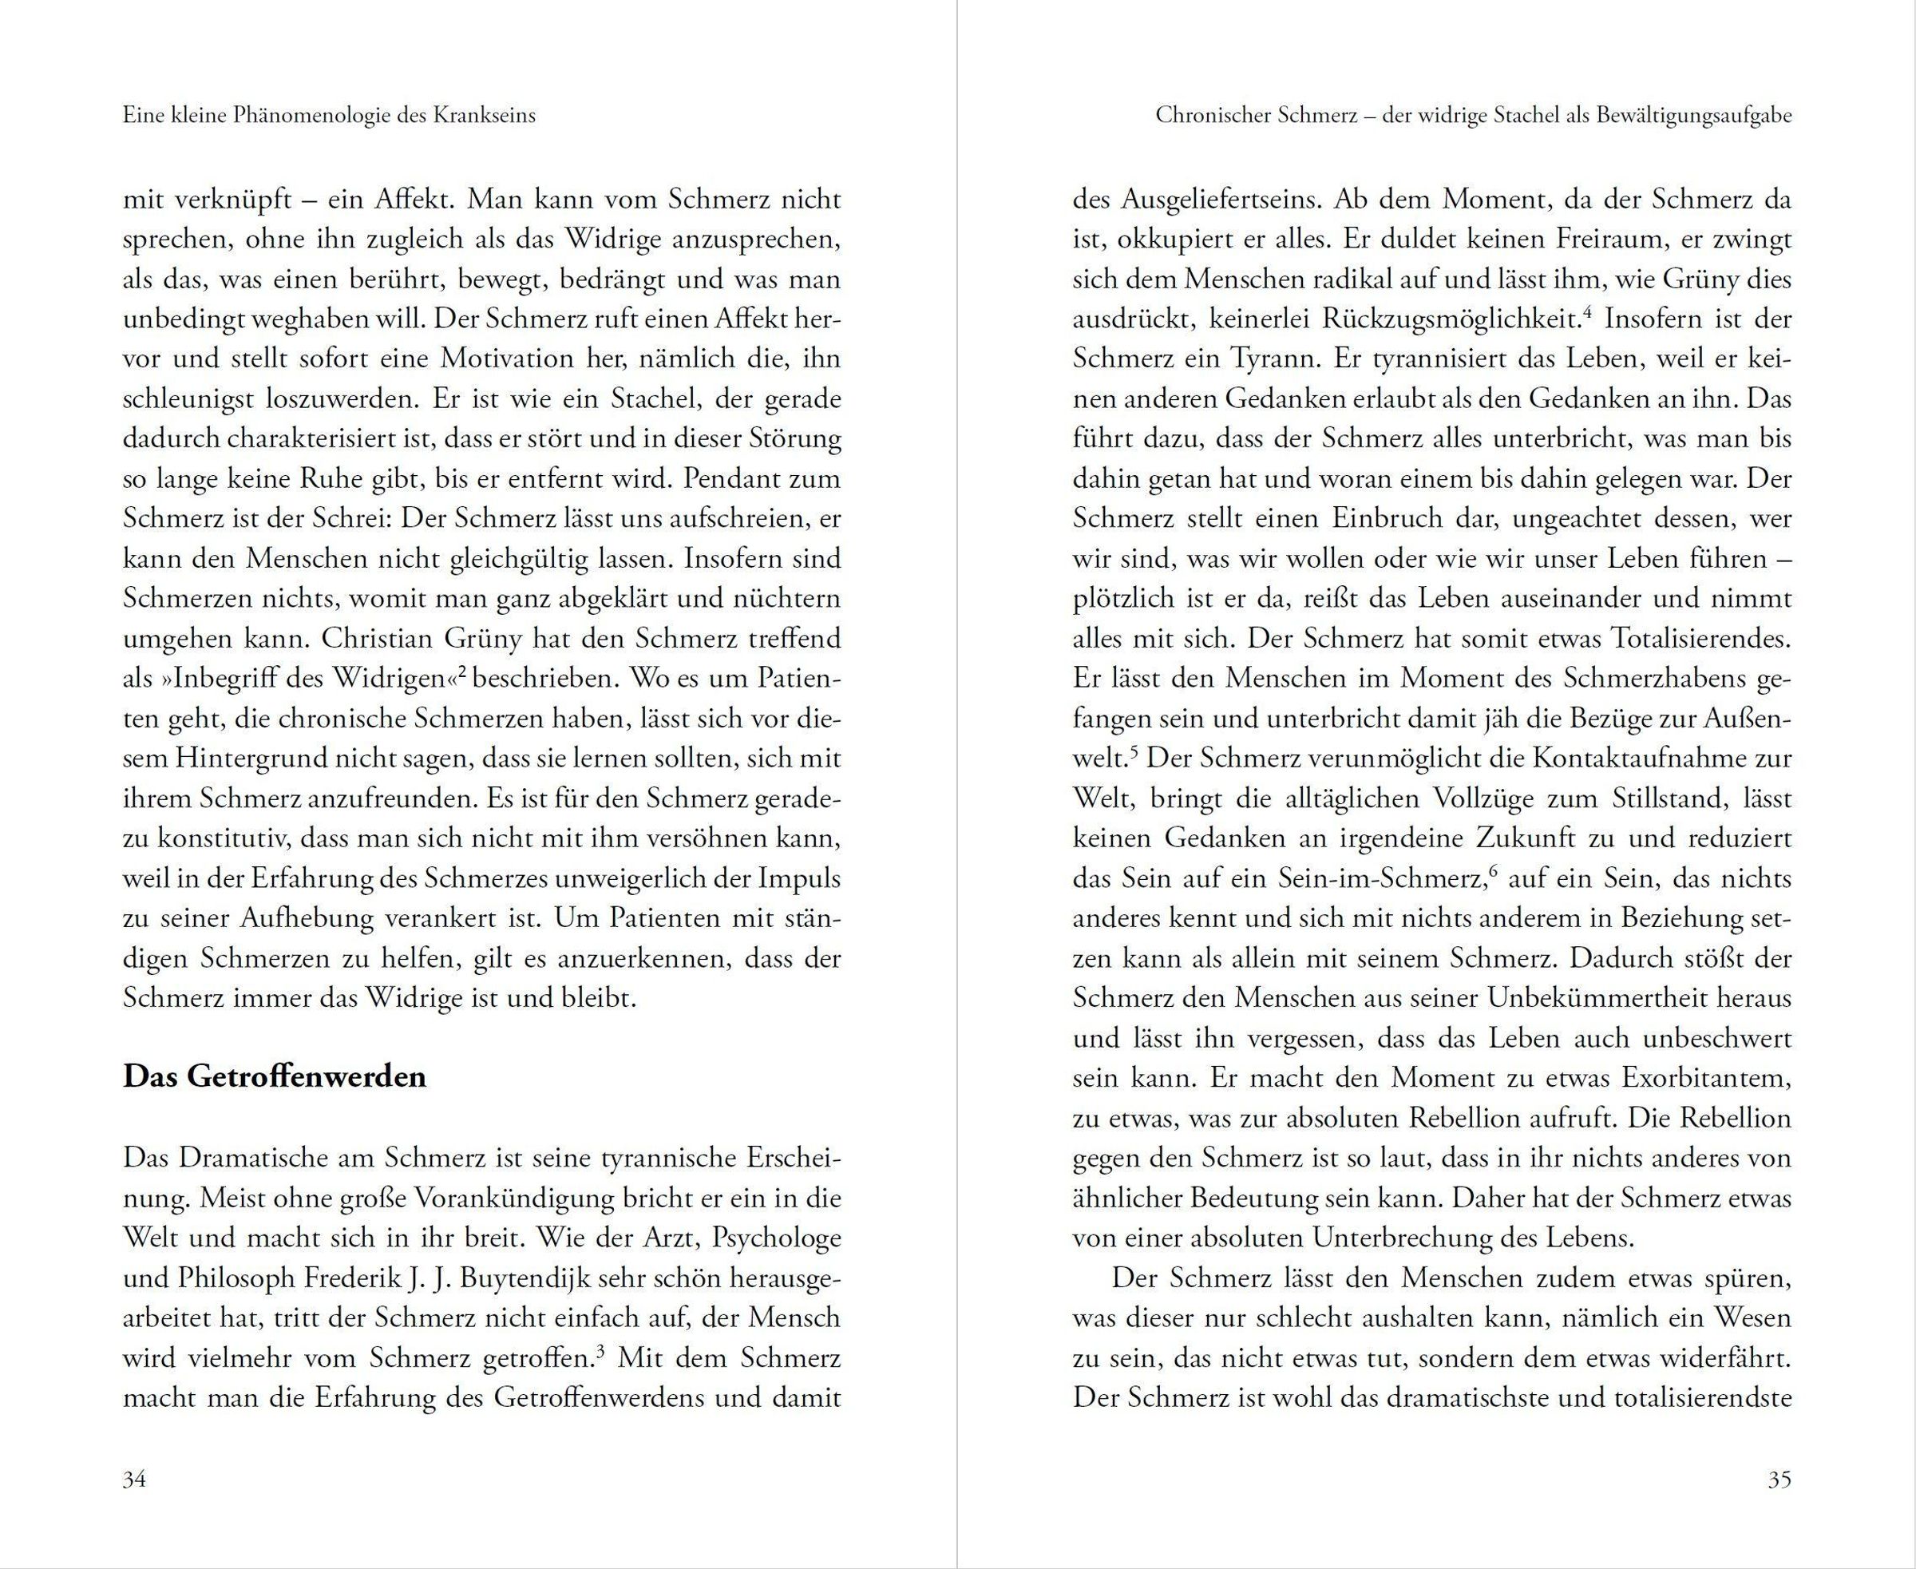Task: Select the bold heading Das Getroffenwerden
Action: pos(274,1077)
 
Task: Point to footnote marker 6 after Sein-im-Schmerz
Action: pos(1493,871)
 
